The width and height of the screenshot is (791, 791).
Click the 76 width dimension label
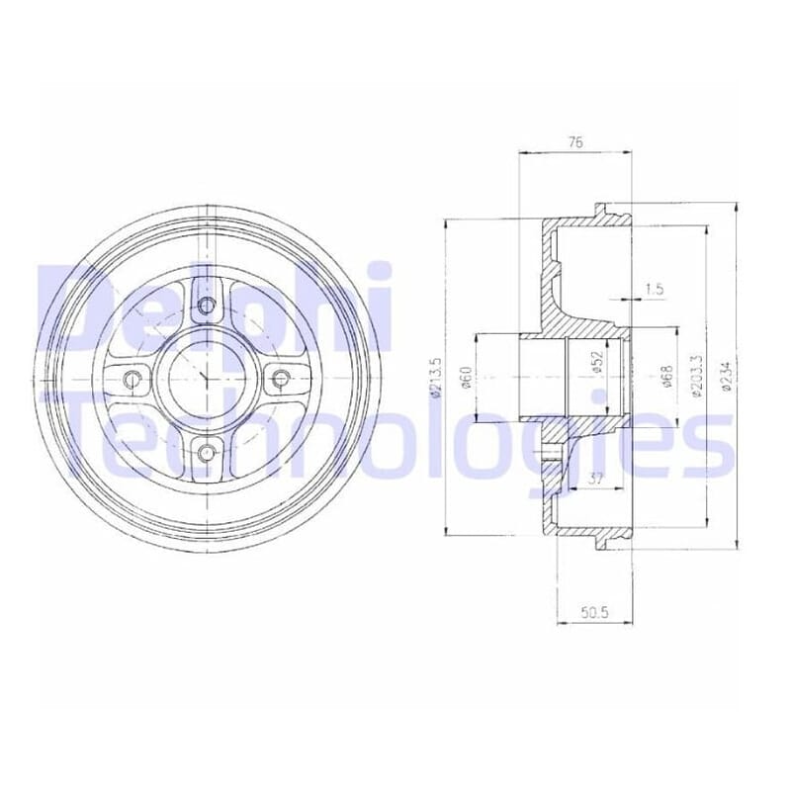575,142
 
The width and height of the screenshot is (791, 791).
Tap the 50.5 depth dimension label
595,612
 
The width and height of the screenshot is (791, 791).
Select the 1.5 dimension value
655,289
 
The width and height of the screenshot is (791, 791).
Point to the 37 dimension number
596,479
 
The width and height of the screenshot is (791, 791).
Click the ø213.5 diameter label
436,378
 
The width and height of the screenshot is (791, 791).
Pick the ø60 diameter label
466,378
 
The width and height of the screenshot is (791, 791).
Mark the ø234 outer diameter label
726,375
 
